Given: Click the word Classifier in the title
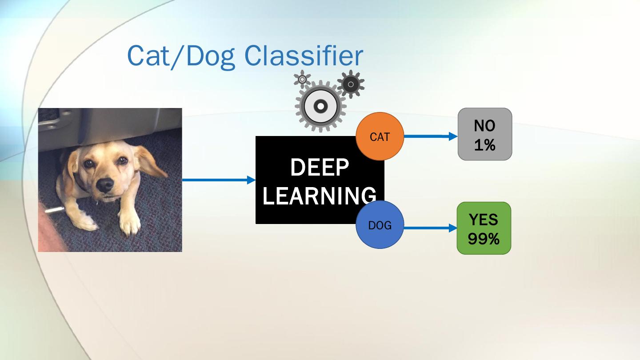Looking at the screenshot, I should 304,56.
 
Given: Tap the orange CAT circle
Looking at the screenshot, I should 380,136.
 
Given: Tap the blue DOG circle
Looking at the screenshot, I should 380,225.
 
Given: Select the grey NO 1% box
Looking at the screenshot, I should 484,134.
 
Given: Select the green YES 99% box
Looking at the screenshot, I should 484,228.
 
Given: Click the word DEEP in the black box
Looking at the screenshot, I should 320,168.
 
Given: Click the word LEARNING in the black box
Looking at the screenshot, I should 320,196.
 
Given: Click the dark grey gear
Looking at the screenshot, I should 351,84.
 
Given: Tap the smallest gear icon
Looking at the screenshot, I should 302,79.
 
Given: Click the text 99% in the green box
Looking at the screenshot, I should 484,239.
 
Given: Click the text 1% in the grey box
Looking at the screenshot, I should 484,145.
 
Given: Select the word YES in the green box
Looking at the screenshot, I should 484,219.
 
